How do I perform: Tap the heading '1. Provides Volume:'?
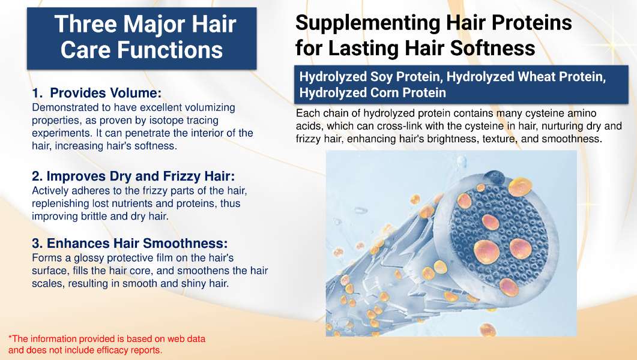click(97, 93)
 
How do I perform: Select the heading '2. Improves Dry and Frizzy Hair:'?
click(133, 176)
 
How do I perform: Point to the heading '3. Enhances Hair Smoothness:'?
click(130, 243)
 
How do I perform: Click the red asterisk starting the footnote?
click(10, 337)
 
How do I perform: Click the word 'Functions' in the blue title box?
click(170, 50)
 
